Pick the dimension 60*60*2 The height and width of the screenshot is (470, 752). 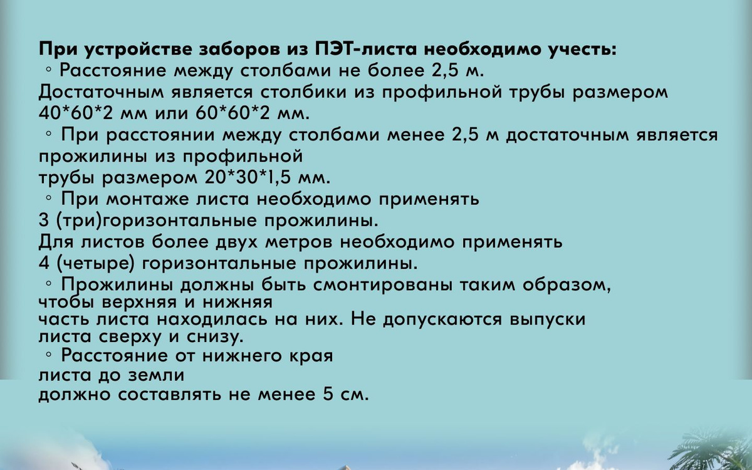click(232, 113)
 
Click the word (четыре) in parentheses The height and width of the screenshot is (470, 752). click(95, 264)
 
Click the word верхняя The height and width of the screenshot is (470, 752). click(139, 302)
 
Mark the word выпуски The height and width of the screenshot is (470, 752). click(548, 319)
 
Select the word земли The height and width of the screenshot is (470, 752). click(156, 375)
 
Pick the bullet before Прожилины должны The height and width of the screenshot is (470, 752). click(49, 284)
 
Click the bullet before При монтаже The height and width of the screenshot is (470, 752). click(49, 198)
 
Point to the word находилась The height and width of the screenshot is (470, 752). click(212, 319)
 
